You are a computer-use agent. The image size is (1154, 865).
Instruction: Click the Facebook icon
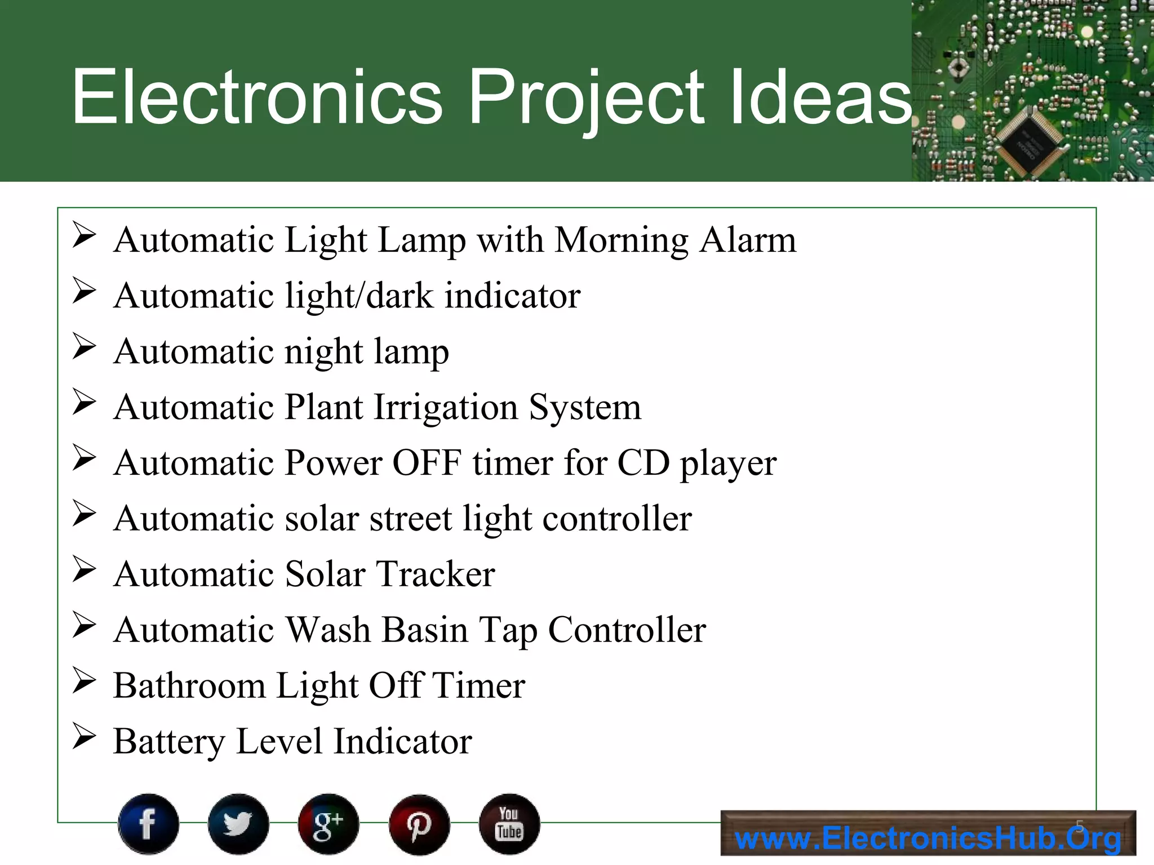coord(148,824)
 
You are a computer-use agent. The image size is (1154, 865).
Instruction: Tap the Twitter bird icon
coord(238,824)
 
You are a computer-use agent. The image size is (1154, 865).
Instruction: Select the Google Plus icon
coord(329,824)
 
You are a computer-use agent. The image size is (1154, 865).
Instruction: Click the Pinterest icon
coord(419,824)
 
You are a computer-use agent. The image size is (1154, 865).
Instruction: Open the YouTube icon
coord(509,824)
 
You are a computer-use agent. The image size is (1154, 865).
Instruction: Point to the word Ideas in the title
coord(820,97)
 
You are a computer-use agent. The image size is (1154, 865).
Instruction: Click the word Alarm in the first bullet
coord(748,240)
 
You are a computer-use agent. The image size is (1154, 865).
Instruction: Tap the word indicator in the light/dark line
coord(513,296)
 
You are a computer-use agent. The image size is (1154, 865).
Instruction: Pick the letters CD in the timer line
coord(643,463)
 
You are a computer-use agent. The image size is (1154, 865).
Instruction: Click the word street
coord(411,519)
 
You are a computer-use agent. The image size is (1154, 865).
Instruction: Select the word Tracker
coord(436,574)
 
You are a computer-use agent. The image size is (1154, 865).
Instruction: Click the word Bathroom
coord(189,686)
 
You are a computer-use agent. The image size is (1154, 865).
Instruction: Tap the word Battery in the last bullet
coord(169,742)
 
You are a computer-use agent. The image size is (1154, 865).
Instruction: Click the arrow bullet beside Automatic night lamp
coord(85,346)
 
